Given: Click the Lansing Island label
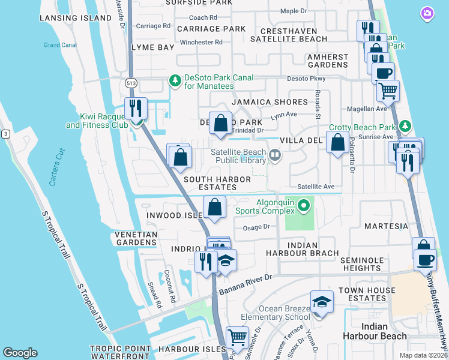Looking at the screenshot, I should coord(76,18).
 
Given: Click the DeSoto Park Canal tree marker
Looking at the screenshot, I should coord(175,80).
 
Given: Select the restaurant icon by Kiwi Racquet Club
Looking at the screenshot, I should coord(136,109).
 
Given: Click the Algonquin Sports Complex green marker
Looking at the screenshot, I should coord(304,207).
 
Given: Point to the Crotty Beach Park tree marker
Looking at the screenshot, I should coord(405,127).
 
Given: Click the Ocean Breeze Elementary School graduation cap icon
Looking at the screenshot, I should coord(322,302).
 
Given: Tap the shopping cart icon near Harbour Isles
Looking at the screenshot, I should coord(237,337).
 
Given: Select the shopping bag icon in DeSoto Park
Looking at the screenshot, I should coord(221,123).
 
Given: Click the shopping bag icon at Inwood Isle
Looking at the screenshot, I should coord(214,208).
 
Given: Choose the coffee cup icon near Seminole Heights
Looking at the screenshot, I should coord(426,260).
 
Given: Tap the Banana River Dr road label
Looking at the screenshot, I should coord(245,284).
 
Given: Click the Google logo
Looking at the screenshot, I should coord(20,353).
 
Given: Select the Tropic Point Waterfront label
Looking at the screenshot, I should coord(118,353).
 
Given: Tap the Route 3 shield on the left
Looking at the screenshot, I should coord(5,133).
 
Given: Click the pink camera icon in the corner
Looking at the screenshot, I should coord(427,13).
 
